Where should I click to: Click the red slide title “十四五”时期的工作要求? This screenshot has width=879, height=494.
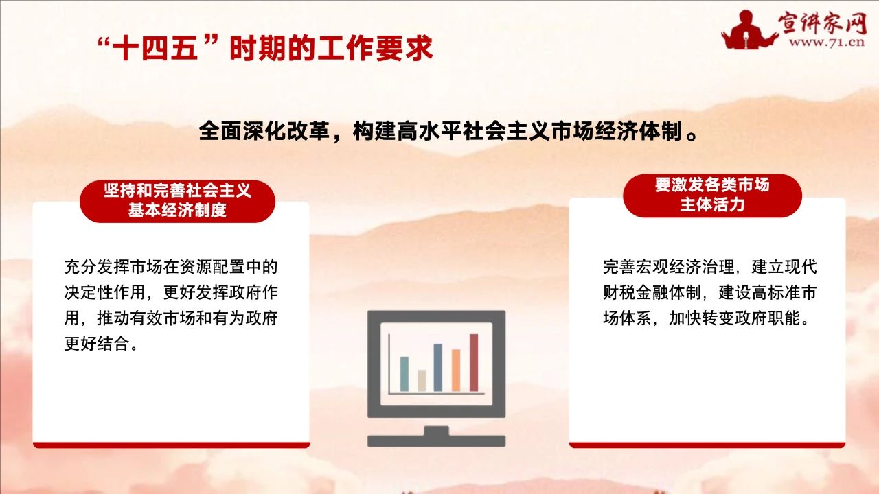coord(265,49)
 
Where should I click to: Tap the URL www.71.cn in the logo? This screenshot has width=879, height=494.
coord(827,42)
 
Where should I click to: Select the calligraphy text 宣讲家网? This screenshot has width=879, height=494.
coord(823,22)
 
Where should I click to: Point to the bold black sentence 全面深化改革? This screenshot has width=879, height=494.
coord(264,131)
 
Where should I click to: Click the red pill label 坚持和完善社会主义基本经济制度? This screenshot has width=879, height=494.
coord(177,201)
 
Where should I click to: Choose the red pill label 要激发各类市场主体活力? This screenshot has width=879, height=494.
coord(712,196)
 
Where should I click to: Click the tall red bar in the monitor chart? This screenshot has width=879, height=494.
coord(474,362)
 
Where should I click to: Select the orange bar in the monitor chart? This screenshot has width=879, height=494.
coord(455,370)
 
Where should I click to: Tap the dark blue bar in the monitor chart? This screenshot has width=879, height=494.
coord(437,367)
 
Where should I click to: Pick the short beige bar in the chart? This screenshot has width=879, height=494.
coord(422,380)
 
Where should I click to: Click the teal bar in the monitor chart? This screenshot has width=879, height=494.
coord(404,374)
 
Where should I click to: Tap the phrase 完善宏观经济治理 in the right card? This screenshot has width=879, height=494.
coord(669,267)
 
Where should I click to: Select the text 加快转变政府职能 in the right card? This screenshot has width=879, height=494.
coord(734,318)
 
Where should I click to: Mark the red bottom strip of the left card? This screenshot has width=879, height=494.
coord(172,445)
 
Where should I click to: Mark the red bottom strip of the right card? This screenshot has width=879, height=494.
coord(707,445)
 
